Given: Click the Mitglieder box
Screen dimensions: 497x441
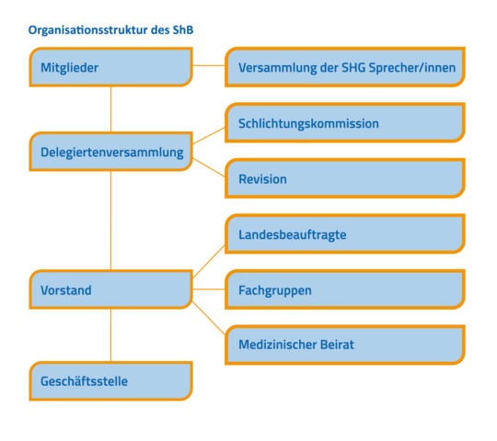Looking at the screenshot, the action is click(x=111, y=67).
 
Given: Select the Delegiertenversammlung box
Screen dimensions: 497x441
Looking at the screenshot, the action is click(x=111, y=152).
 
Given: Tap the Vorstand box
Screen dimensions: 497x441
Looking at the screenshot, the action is click(x=111, y=289).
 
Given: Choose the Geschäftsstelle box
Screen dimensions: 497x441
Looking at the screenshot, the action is click(x=111, y=381).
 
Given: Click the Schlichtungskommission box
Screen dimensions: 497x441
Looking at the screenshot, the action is click(x=345, y=122).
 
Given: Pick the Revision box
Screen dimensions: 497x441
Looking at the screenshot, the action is click(x=345, y=178).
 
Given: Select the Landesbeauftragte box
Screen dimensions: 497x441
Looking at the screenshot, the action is click(x=345, y=234).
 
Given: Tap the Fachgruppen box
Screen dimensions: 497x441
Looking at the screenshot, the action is click(x=345, y=289).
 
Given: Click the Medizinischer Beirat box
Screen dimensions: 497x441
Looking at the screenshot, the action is click(x=345, y=345).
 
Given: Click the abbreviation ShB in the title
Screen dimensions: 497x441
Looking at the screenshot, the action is click(x=183, y=29).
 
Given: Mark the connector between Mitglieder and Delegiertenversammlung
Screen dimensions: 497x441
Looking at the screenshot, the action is click(x=111, y=109).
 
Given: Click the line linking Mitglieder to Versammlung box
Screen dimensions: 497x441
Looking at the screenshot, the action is click(x=209, y=66).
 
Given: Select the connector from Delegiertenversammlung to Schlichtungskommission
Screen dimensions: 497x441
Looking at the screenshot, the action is click(x=209, y=136).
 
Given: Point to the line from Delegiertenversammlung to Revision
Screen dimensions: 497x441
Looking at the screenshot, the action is click(x=209, y=167).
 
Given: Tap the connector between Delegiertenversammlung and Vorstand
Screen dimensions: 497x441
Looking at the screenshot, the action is click(x=111, y=220).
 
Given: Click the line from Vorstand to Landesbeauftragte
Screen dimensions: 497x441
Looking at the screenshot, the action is click(x=209, y=261).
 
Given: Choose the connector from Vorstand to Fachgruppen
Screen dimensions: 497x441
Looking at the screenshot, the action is click(x=209, y=289).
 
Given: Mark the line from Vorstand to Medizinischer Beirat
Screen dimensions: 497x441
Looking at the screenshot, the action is click(x=209, y=318).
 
